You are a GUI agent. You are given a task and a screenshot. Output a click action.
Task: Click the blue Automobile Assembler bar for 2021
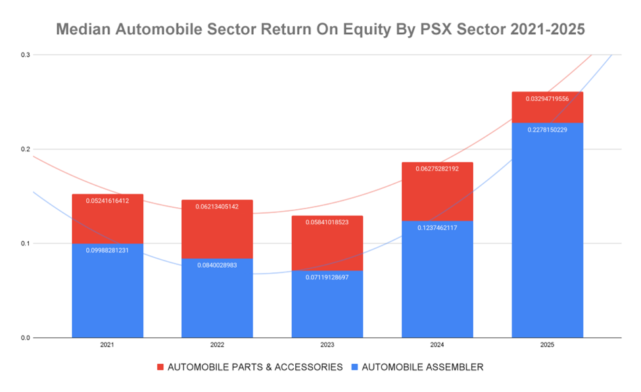coord(107,296)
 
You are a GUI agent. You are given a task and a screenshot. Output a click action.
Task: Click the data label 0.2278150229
coord(547,130)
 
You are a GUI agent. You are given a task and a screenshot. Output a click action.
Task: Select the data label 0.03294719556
coord(547,99)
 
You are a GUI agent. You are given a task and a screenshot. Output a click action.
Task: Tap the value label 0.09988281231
coord(107,250)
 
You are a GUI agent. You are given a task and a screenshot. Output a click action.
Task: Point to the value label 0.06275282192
coord(437,169)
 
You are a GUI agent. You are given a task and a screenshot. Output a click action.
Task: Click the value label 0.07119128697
coord(327,277)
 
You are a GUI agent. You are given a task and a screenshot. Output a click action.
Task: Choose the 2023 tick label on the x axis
coord(327,345)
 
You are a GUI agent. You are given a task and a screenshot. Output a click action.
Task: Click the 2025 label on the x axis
coord(547,345)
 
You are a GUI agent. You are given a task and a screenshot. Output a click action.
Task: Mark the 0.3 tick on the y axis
coord(26,55)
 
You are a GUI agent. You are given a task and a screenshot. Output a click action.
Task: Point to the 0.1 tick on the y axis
coord(26,243)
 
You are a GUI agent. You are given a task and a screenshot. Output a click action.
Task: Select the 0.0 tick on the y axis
coord(26,337)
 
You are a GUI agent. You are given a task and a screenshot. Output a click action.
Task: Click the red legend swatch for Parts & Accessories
coord(160,367)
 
